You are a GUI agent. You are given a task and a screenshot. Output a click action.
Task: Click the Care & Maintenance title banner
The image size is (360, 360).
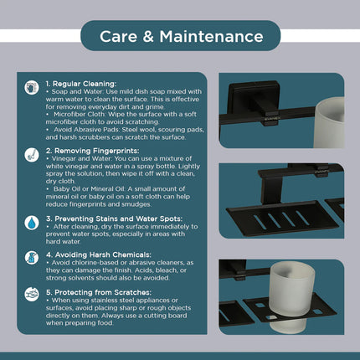tap(179, 37)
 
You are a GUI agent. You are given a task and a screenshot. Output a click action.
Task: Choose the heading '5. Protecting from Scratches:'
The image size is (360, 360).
tap(96, 291)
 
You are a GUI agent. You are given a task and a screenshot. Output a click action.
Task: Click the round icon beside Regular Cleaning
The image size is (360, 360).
tap(31, 86)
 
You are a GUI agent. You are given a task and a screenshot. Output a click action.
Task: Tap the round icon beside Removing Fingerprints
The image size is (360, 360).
tap(31, 153)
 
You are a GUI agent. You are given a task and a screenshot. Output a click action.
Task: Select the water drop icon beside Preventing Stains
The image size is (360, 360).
tap(31, 221)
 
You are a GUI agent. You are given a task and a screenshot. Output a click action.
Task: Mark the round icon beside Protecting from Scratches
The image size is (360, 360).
tap(31, 294)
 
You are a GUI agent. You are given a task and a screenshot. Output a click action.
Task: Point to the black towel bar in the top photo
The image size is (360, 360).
tap(260, 109)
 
